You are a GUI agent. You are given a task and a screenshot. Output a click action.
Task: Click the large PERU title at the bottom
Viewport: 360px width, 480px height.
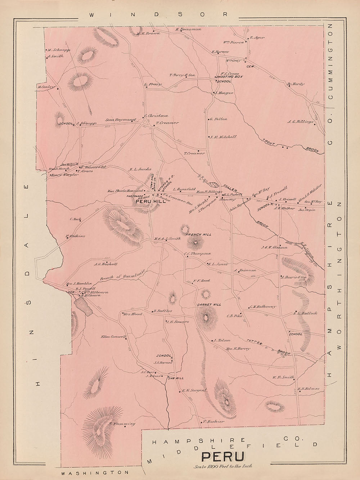pos(223,457)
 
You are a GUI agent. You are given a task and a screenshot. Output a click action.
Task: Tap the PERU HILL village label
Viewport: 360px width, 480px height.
pos(150,202)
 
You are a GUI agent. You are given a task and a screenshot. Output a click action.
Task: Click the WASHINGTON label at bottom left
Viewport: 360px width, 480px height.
pos(95,472)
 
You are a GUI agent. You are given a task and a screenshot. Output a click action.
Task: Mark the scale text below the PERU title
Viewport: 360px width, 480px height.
pos(223,466)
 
